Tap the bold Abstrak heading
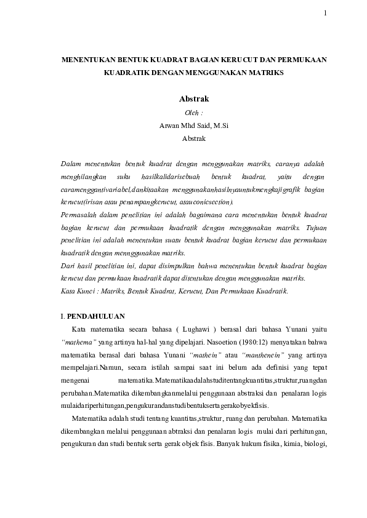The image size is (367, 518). [193, 98]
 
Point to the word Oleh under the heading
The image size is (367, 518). [192, 113]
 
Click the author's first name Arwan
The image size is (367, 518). [169, 126]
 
